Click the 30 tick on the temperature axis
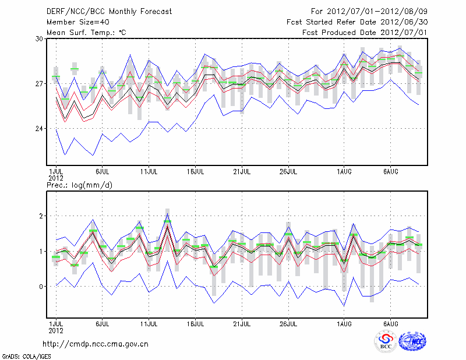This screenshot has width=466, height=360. [39, 38]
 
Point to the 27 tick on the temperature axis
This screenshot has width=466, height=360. [39, 84]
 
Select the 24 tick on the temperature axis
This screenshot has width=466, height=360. [39, 129]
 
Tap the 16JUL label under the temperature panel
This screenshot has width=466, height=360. [196, 172]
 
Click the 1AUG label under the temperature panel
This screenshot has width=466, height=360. [344, 172]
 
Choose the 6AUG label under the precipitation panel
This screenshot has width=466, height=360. [390, 322]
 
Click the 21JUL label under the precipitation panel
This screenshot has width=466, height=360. [242, 322]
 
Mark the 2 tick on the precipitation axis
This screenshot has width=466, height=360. [41, 216]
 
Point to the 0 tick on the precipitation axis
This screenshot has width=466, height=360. [41, 287]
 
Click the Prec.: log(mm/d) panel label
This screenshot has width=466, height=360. [79, 185]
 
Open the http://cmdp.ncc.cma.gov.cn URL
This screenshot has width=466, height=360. [96, 344]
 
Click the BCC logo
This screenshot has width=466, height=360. [386, 341]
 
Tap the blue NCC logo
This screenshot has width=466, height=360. [412, 341]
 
